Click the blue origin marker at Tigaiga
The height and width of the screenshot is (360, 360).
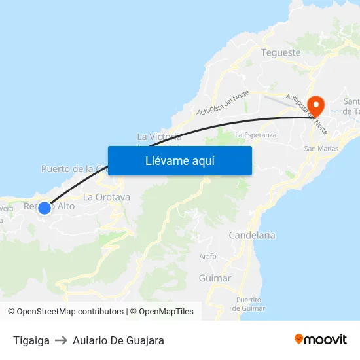click(x=45, y=207)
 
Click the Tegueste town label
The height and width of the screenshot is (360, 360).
click(x=281, y=52)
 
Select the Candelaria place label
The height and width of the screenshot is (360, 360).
click(x=252, y=235)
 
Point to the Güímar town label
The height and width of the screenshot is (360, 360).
click(x=215, y=278)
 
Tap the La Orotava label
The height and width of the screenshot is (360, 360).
click(x=107, y=196)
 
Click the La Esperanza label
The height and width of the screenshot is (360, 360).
click(x=255, y=135)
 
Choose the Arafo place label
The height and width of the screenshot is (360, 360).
click(x=207, y=257)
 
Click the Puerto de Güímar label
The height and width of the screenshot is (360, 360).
click(x=249, y=304)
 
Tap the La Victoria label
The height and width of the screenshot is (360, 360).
click(x=159, y=137)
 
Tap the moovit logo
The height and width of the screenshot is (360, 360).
click(x=321, y=340)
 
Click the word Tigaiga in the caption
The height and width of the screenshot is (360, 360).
click(x=31, y=340)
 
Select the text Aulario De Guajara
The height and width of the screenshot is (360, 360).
click(x=118, y=340)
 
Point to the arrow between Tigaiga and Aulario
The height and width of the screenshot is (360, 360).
click(x=61, y=340)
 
